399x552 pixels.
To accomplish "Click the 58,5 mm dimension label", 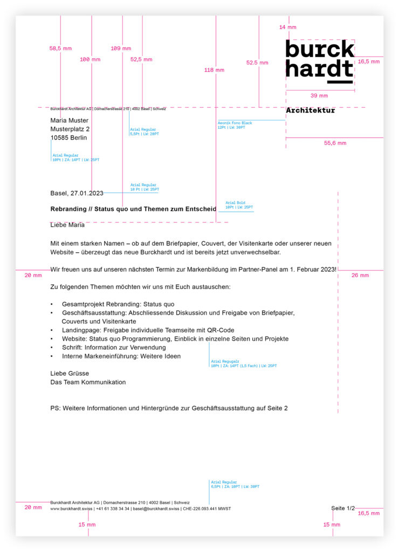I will pyautogui.click(x=60, y=48).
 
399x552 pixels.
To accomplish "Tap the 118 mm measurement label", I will pyautogui.click(x=214, y=70).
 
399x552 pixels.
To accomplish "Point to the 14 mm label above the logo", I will pyautogui.click(x=287, y=27).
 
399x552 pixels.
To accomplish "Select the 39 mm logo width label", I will pyautogui.click(x=319, y=95).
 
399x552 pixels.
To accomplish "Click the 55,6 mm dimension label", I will pyautogui.click(x=335, y=143).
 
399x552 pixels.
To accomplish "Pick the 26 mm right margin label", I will pyautogui.click(x=360, y=275).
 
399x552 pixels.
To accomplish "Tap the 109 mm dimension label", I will pyautogui.click(x=121, y=48).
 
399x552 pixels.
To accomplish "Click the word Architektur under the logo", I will pyautogui.click(x=310, y=111).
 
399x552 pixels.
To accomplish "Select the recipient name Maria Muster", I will pyautogui.click(x=69, y=120).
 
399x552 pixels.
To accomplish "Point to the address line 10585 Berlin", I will pyautogui.click(x=68, y=137).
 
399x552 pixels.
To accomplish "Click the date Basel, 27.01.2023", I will pyautogui.click(x=77, y=193).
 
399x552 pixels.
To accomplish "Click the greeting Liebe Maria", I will pyautogui.click(x=67, y=225).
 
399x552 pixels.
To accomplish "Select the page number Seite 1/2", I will pyautogui.click(x=343, y=508).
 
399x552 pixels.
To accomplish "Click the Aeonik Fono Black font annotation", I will pyautogui.click(x=235, y=123).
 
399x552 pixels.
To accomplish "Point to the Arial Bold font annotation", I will pyautogui.click(x=236, y=203).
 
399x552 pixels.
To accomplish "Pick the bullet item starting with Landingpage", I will pyautogui.click(x=148, y=330).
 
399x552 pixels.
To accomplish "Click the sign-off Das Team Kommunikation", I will pyautogui.click(x=88, y=382).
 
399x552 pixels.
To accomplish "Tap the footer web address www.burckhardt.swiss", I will pyautogui.click(x=71, y=508).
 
